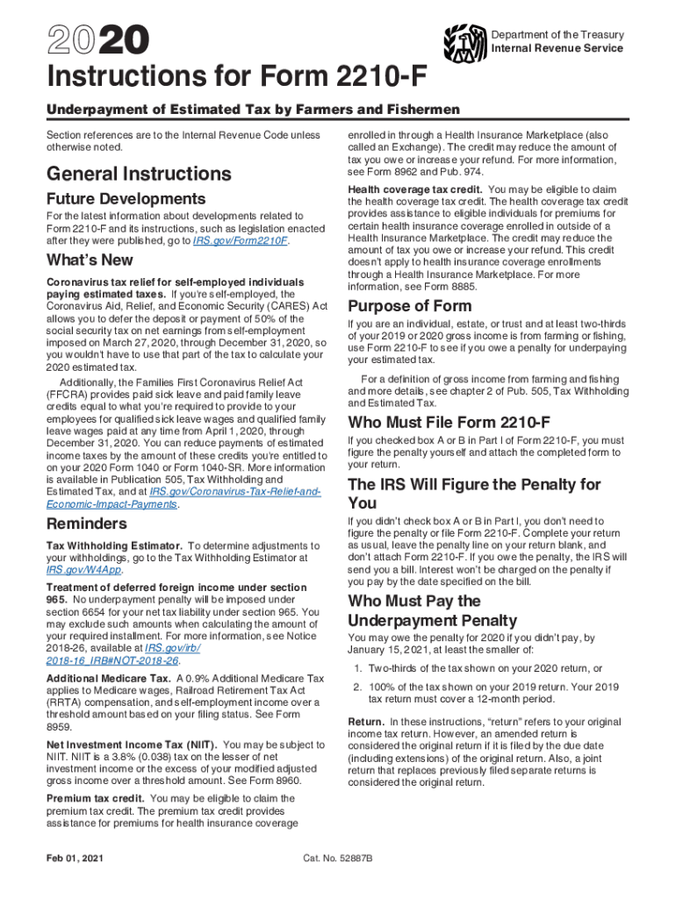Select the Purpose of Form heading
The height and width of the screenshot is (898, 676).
pos(409,306)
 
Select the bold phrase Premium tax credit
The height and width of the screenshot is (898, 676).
pos(95,799)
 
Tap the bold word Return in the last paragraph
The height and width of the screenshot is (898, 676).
pos(367,721)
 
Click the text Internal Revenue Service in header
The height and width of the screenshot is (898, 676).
pos(557,48)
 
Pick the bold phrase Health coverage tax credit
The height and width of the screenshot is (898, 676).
pos(414,189)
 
